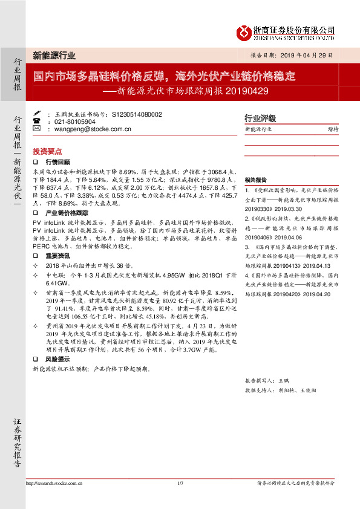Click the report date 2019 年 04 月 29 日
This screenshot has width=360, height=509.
pyautogui.click(x=307, y=55)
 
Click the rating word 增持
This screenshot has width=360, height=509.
pyautogui.click(x=333, y=129)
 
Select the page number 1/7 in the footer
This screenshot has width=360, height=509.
pyautogui.click(x=180, y=482)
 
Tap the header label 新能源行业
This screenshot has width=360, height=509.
pyautogui.click(x=54, y=55)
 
